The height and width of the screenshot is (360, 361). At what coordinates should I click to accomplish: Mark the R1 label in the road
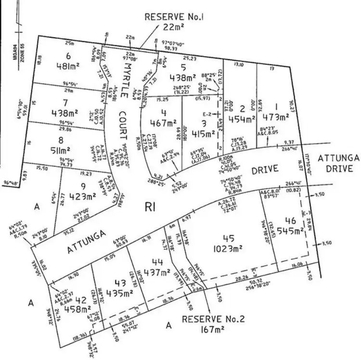(150, 207)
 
